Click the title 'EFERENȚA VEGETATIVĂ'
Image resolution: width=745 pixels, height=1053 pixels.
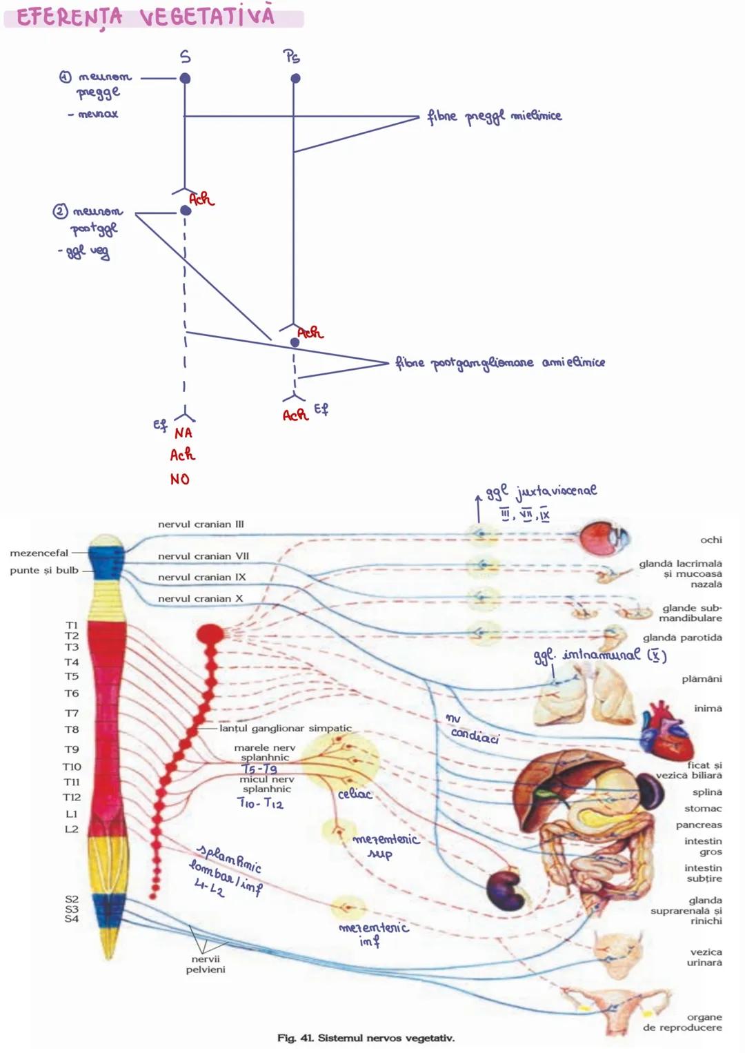146,16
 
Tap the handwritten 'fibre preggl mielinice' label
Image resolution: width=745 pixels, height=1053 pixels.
494,116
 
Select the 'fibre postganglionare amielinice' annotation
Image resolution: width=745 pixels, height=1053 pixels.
499,362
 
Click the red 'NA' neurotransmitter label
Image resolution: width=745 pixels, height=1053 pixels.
183,433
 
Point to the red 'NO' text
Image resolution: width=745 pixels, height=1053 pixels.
179,479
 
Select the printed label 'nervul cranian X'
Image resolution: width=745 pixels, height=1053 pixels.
200,598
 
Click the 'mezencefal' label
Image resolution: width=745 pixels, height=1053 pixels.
39,553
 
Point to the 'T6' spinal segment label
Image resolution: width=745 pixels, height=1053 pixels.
72,693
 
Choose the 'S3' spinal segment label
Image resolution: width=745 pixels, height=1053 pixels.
72,909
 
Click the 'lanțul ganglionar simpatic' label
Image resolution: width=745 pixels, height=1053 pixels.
285,728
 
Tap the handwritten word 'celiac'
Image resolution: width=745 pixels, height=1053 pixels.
355,794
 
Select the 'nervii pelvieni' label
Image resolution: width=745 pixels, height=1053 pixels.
205,964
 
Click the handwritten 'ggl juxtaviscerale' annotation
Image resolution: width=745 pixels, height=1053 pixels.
541,491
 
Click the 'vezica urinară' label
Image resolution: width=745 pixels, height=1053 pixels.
704,957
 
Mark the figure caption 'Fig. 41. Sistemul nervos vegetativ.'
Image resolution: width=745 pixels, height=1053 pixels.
366,1038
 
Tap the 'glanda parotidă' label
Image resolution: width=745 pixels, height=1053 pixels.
682,638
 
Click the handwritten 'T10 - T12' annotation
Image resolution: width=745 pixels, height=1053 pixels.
260,803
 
